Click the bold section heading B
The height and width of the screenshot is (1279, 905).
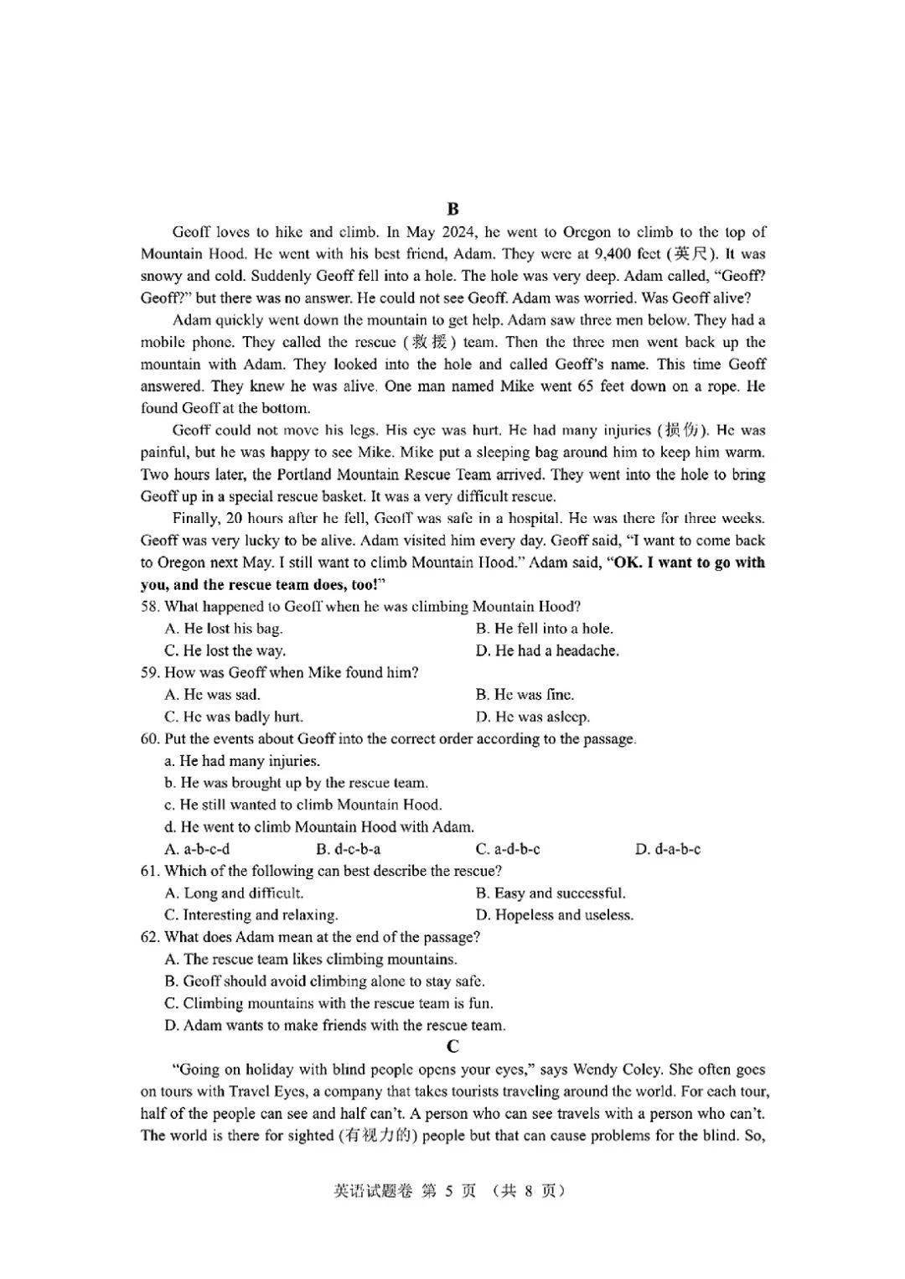click(x=452, y=210)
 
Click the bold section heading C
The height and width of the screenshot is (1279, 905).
click(x=452, y=1047)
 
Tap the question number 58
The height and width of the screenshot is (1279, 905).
click(x=150, y=607)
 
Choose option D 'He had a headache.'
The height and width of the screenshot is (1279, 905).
click(x=547, y=650)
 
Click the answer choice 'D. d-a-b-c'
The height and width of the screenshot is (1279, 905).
click(x=668, y=849)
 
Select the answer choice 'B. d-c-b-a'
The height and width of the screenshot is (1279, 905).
click(x=348, y=849)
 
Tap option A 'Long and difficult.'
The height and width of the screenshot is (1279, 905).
click(x=234, y=893)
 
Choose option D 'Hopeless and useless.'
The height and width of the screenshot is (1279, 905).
click(x=554, y=915)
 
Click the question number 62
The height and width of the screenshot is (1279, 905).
click(x=150, y=937)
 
